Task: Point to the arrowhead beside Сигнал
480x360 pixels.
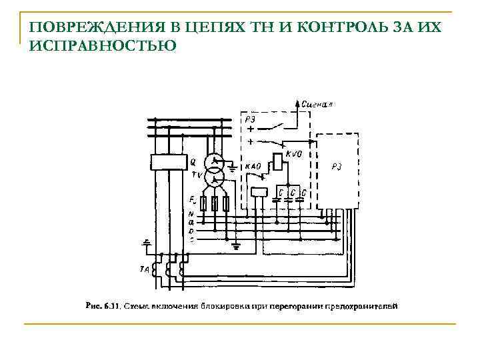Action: click(x=297, y=102)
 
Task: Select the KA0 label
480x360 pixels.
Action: click(x=253, y=167)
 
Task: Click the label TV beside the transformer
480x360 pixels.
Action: click(x=197, y=175)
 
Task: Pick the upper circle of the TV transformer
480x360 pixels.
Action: click(x=215, y=162)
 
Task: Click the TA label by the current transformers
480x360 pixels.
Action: click(x=144, y=269)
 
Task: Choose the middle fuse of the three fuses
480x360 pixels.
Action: click(x=215, y=204)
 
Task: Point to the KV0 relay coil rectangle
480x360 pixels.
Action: click(x=275, y=162)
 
